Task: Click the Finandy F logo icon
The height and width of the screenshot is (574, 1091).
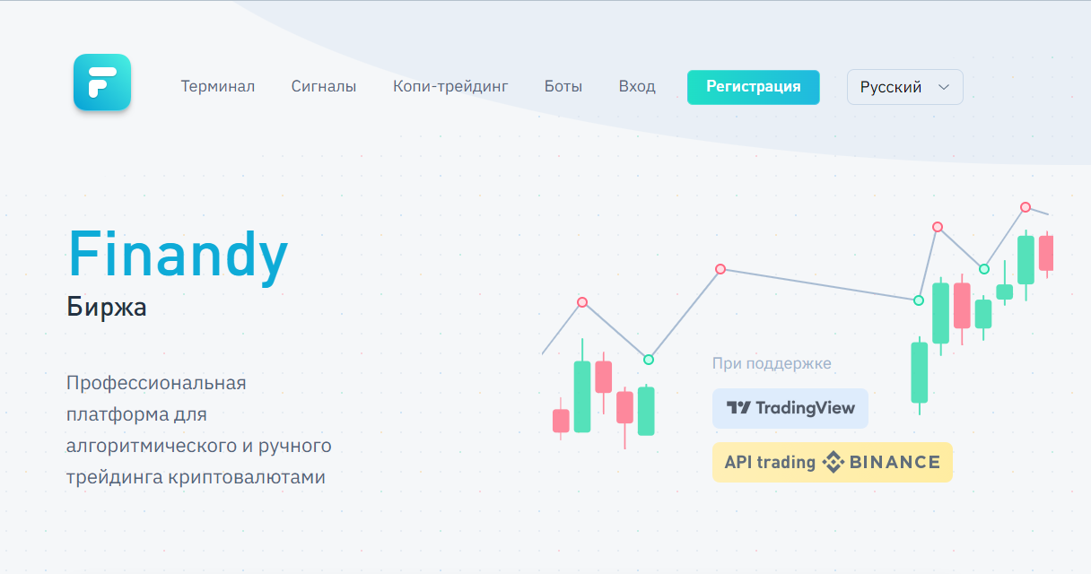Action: [102, 83]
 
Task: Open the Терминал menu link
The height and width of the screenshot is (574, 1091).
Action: [218, 87]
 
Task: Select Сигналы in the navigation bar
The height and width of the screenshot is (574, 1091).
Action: [323, 87]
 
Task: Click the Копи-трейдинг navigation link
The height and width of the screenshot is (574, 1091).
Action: [450, 87]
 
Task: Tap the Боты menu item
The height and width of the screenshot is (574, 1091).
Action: [563, 87]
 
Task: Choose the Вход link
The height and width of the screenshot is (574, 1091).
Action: [637, 87]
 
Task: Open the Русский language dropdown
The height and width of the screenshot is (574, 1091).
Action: [905, 87]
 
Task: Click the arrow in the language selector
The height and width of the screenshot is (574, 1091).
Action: [944, 87]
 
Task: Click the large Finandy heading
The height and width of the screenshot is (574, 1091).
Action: [178, 257]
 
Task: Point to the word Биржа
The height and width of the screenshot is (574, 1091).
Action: [106, 308]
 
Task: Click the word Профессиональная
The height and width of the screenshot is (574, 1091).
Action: [156, 383]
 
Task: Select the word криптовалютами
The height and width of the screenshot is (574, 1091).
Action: [247, 477]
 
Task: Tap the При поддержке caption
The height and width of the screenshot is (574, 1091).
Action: [772, 363]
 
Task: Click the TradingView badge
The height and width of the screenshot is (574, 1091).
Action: [790, 408]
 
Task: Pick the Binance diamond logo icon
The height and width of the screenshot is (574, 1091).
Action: [833, 462]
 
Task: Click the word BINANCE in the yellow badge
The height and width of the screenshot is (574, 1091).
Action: [895, 462]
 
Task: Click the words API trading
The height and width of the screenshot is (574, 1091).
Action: [770, 463]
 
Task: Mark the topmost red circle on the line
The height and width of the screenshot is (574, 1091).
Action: [1026, 207]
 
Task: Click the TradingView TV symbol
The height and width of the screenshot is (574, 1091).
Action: [738, 407]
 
